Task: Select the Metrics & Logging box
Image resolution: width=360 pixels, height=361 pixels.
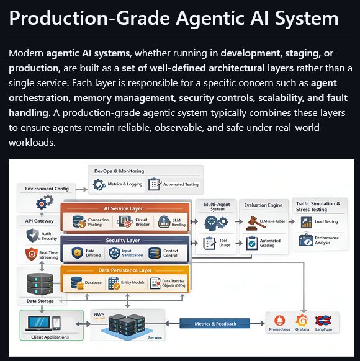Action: (x=118, y=184)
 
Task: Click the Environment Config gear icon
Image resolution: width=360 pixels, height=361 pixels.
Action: (x=45, y=202)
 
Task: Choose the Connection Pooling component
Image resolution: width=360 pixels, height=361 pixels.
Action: (x=90, y=222)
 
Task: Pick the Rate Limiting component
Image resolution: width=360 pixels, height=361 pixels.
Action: (x=88, y=253)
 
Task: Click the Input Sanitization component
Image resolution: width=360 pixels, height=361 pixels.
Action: (x=127, y=253)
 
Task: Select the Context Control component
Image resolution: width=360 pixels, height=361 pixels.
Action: (x=165, y=253)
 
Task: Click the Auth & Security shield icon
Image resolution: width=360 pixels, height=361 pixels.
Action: (x=33, y=236)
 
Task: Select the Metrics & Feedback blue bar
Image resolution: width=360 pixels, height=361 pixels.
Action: (x=215, y=323)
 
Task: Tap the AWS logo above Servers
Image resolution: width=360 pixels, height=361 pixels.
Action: (x=99, y=315)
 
